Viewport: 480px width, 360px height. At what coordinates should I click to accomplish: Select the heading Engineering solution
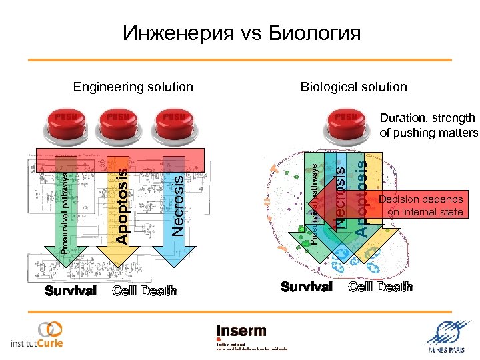click(x=133, y=87)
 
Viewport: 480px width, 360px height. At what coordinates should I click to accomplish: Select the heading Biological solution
click(x=353, y=87)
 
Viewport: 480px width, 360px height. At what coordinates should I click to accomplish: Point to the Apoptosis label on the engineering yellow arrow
click(x=121, y=205)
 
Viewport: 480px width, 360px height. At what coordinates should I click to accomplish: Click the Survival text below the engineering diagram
click(x=71, y=291)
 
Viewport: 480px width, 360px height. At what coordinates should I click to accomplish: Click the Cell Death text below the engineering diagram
click(x=145, y=291)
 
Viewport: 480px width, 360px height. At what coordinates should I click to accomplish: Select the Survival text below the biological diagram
click(x=307, y=287)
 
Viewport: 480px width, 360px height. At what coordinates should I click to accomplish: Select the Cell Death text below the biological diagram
click(x=381, y=287)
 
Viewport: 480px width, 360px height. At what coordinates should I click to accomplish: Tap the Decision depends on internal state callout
click(x=420, y=206)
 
